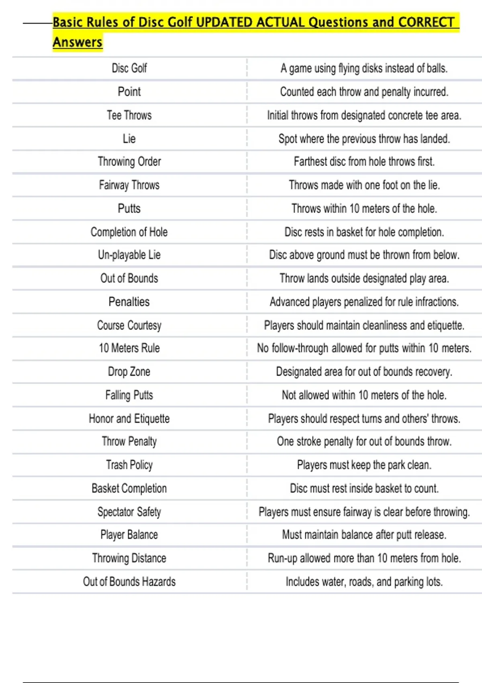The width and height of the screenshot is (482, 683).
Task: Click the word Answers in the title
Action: [x=78, y=42]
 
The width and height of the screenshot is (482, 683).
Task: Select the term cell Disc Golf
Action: [x=129, y=68]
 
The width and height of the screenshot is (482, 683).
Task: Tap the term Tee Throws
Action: [x=129, y=115]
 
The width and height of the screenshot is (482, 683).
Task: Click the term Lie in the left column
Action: [x=129, y=139]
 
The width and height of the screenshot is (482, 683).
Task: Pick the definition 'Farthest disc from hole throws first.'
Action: [x=364, y=162]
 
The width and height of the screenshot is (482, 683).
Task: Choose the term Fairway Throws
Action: [x=129, y=185]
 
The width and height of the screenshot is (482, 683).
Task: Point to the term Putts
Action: [x=129, y=209]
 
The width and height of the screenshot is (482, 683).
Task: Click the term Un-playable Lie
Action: [x=129, y=255]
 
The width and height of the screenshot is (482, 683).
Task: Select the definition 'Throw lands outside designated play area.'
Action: [x=364, y=278]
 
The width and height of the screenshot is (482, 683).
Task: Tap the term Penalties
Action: [x=129, y=302]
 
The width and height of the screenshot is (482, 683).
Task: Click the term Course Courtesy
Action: [x=129, y=325]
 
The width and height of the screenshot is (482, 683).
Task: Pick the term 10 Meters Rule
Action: [x=129, y=348]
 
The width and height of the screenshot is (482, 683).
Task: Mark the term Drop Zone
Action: [x=129, y=372]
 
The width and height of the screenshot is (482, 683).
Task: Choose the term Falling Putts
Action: [x=129, y=395]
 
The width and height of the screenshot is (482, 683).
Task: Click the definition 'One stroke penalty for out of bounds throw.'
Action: [x=364, y=442]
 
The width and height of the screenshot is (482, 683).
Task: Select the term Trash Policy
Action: [x=129, y=465]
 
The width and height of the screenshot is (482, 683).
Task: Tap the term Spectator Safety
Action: [x=129, y=512]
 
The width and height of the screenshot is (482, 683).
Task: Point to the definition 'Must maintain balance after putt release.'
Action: [x=364, y=535]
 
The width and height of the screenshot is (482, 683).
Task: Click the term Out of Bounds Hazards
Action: [x=129, y=582]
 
